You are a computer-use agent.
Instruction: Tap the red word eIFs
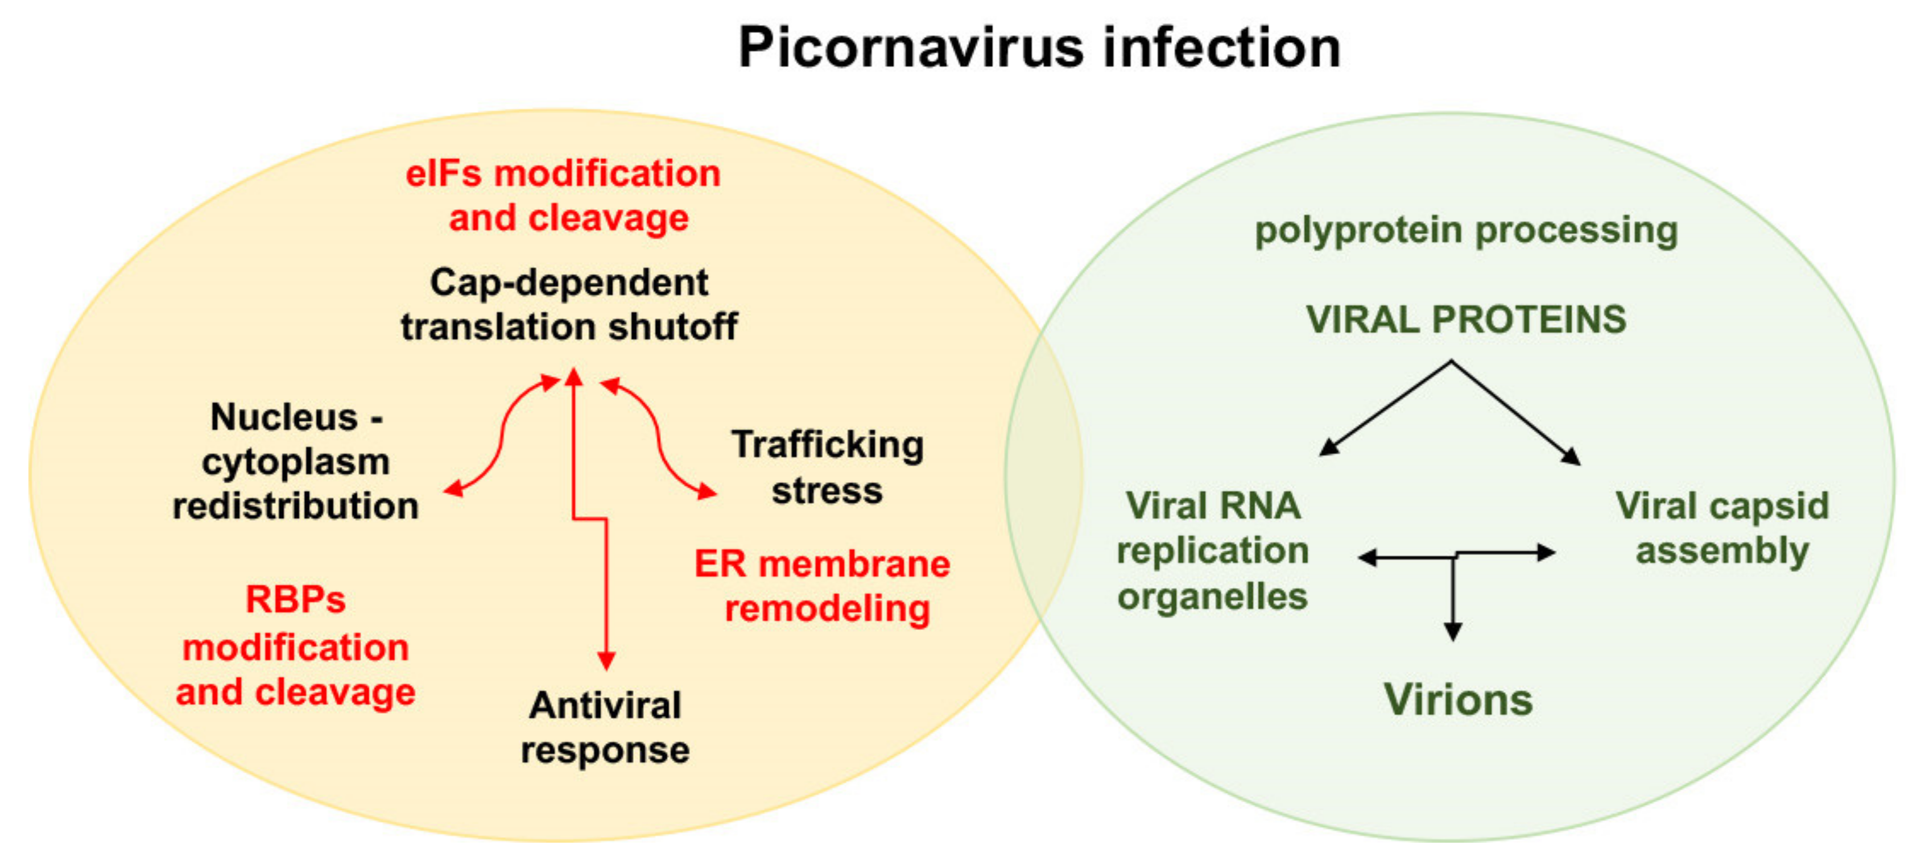pos(444,173)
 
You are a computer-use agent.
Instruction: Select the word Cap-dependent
pos(568,283)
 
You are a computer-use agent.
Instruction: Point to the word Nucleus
pos(284,417)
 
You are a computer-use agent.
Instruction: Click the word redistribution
pos(295,506)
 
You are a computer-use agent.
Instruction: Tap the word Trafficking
pos(827,445)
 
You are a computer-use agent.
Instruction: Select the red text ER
pos(720,564)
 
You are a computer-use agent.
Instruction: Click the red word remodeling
pos(827,609)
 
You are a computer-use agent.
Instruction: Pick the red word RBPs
pos(295,600)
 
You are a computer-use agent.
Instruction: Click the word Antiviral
pos(605,705)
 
